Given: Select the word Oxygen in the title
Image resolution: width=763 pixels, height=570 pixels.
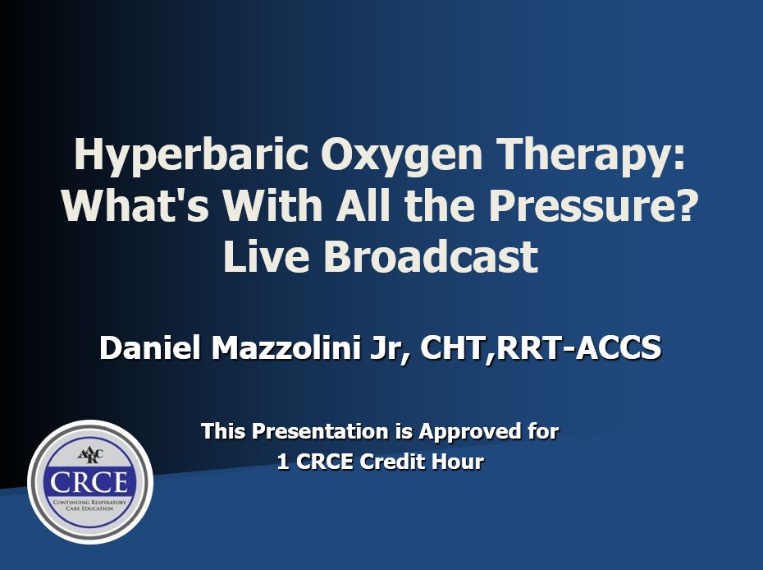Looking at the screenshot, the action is tap(401, 154).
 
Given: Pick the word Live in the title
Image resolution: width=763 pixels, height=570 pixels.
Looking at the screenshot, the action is tap(267, 255).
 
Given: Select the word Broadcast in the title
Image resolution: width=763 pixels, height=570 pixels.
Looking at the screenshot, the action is tap(431, 255).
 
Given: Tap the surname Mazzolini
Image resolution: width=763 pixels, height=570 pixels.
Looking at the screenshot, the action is tap(286, 347).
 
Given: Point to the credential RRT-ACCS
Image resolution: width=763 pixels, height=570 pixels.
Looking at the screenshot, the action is tap(578, 347).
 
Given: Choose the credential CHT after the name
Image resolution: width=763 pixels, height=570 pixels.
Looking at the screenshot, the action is tap(454, 347).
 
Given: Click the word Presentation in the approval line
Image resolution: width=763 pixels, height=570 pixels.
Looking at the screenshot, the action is tap(320, 431).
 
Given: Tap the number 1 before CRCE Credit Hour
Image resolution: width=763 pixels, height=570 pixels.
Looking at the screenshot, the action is tap(283, 462).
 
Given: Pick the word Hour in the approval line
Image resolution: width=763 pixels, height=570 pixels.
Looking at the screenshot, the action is tap(461, 462).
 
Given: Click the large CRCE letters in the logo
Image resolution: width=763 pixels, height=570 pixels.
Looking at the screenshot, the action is tap(89, 481).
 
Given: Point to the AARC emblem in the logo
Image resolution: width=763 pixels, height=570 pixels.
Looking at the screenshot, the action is tap(90, 456).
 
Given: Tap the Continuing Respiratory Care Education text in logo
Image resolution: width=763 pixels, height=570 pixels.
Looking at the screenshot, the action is tap(89, 505).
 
